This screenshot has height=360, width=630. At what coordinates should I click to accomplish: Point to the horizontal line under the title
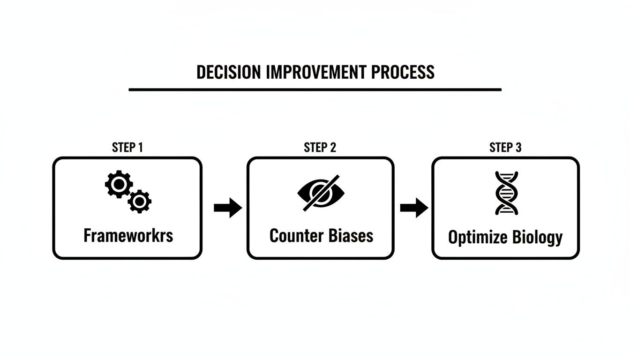(315, 89)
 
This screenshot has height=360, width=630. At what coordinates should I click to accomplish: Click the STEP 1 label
(127, 147)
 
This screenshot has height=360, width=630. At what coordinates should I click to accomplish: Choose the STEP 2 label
(320, 147)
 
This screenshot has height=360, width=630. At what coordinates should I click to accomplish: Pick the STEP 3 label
(505, 147)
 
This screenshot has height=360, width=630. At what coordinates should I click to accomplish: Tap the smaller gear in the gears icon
(139, 202)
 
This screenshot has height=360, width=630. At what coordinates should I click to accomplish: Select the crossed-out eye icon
(321, 193)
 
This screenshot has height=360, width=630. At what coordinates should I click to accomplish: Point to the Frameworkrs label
(128, 235)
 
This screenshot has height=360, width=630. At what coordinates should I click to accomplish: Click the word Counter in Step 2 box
(294, 235)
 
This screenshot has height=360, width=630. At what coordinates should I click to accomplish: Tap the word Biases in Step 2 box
(351, 235)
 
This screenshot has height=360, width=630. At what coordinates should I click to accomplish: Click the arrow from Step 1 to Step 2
(227, 208)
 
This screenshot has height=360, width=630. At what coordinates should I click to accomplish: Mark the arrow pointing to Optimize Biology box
(413, 208)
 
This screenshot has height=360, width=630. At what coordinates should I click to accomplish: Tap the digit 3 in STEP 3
(518, 147)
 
